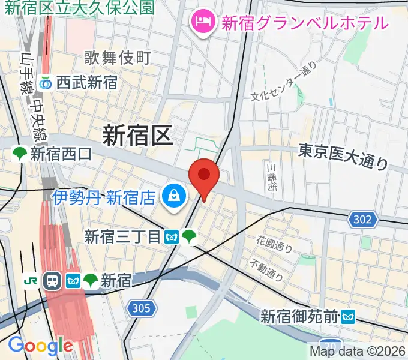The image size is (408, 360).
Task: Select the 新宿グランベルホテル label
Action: [305, 23]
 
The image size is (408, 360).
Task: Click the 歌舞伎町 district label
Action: [118, 58]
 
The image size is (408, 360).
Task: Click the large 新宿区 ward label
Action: [137, 135]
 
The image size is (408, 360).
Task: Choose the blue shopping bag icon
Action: [173, 196]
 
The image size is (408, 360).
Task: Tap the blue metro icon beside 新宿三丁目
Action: [172, 237]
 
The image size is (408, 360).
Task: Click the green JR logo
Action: [30, 280]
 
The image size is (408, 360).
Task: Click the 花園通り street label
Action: [274, 244]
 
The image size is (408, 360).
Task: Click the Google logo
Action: [40, 346]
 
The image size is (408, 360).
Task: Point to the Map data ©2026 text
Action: [358, 351]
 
